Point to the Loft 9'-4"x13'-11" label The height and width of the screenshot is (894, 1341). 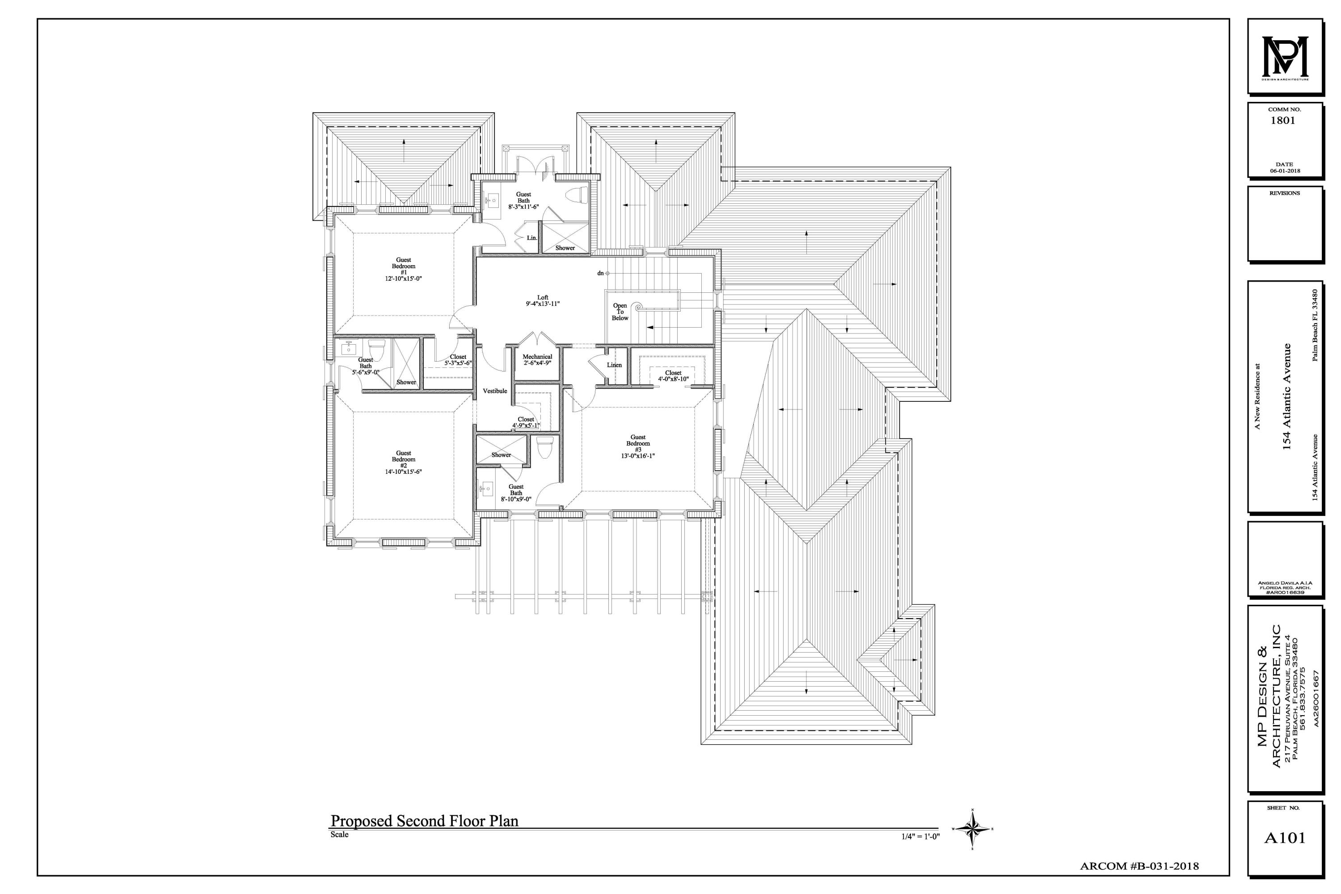542,300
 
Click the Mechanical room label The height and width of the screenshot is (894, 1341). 537,359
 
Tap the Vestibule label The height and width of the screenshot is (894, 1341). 494,391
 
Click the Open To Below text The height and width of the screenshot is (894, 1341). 620,312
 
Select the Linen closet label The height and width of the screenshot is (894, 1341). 614,365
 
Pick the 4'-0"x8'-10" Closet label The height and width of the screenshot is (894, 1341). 673,376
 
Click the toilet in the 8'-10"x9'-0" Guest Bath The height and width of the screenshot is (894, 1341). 545,447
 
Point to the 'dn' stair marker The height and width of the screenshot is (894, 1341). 600,273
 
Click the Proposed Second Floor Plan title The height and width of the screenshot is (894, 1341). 424,821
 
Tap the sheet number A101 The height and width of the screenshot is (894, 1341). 1285,838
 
